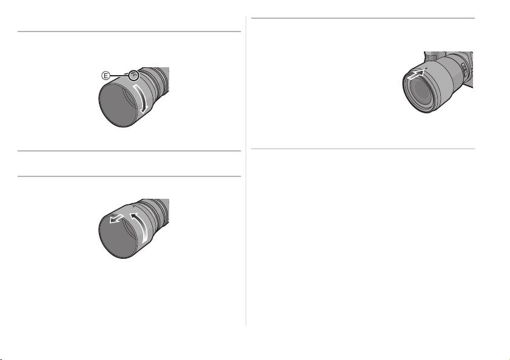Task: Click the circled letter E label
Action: [x=106, y=76]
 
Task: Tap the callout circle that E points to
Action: [x=133, y=76]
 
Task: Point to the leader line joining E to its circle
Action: [x=119, y=76]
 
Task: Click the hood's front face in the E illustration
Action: [x=117, y=105]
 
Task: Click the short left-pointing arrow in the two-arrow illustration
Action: [x=116, y=219]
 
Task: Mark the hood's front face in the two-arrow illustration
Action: [x=117, y=236]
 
